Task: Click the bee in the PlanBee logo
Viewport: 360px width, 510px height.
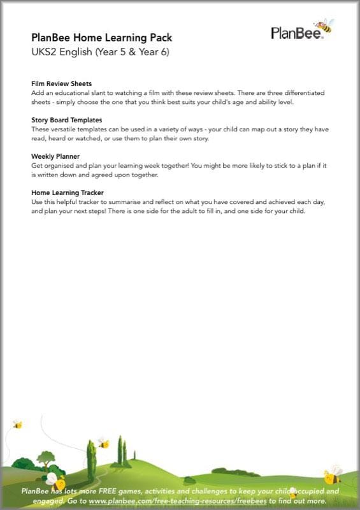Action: pyautogui.click(x=324, y=26)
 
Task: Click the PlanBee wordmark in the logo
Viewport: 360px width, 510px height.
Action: pyautogui.click(x=296, y=33)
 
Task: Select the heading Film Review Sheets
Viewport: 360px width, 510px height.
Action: pyautogui.click(x=61, y=84)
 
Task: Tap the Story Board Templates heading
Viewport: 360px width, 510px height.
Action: pyautogui.click(x=67, y=120)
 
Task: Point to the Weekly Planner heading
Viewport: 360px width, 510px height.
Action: pyautogui.click(x=56, y=156)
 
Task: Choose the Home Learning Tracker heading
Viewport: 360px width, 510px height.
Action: pyautogui.click(x=68, y=192)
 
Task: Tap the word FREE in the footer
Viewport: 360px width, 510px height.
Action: pyautogui.click(x=106, y=492)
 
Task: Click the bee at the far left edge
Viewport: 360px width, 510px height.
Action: pyautogui.click(x=17, y=424)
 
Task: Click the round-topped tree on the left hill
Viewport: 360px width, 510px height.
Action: pyautogui.click(x=46, y=457)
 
